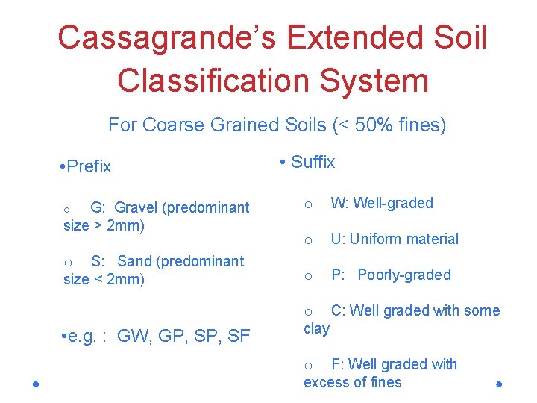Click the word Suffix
[x=313, y=162]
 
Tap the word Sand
[x=134, y=261]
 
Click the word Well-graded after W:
[x=392, y=203]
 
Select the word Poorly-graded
[x=403, y=275]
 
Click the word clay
[x=316, y=328]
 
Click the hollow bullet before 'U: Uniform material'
[x=307, y=240]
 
